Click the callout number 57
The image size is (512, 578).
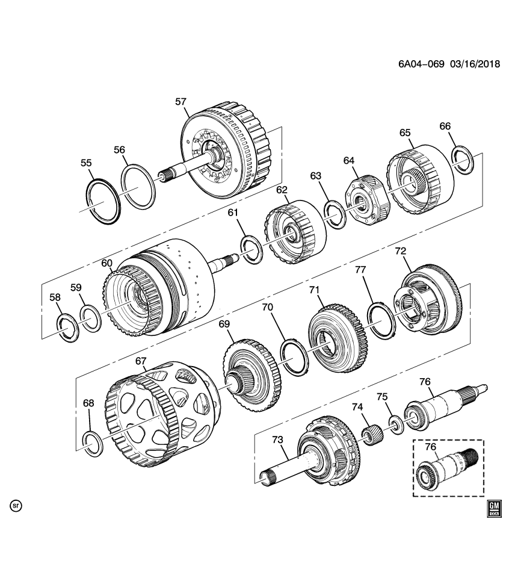click(181, 102)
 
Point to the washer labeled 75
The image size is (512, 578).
click(395, 424)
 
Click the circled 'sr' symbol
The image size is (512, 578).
click(16, 506)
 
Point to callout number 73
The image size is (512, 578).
click(277, 440)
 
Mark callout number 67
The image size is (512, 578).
click(141, 361)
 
